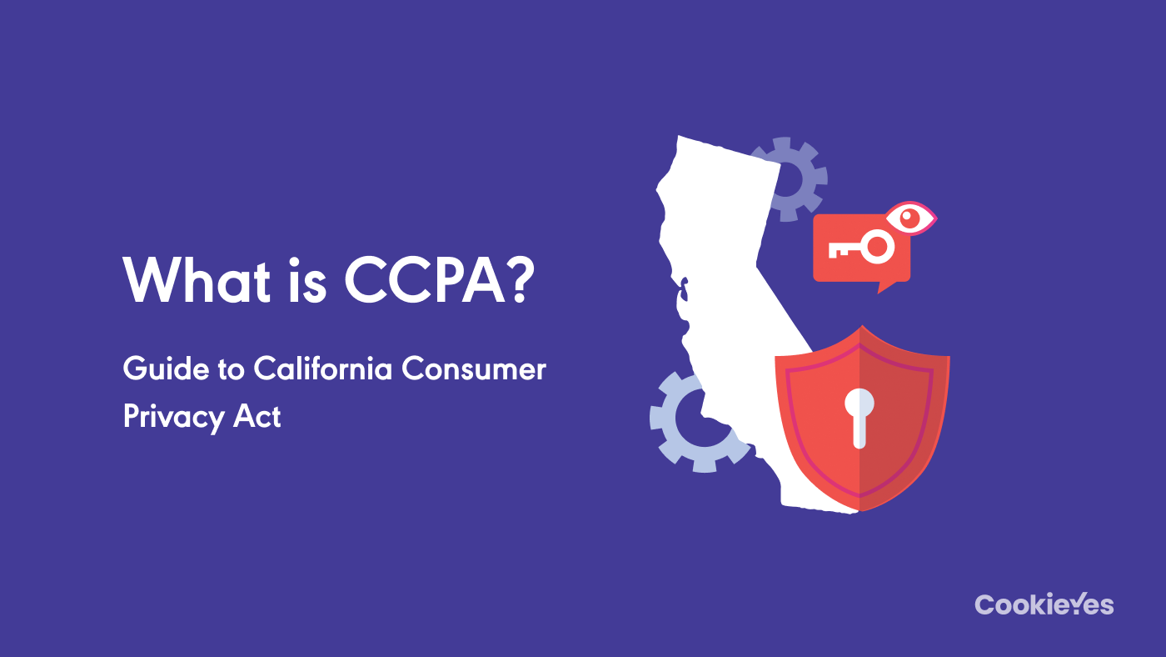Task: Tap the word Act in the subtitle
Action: [x=257, y=415]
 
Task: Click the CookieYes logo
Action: [x=1044, y=604]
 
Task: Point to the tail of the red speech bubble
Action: [x=885, y=286]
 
